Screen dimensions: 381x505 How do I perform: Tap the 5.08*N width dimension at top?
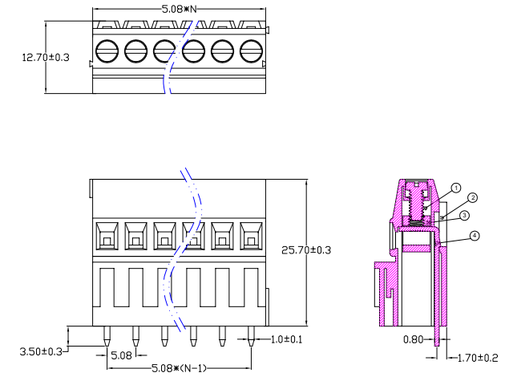click(180, 9)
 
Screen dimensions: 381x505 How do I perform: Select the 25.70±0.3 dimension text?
click(306, 250)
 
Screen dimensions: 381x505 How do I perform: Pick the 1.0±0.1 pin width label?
click(286, 339)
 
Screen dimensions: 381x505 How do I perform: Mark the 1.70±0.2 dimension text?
click(477, 358)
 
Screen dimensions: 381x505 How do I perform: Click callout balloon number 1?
click(456, 188)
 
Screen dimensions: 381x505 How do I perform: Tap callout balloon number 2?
click(473, 197)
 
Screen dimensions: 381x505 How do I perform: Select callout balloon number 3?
click(465, 215)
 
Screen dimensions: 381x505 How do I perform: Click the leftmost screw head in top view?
click(107, 52)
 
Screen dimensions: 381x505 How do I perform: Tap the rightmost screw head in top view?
click(251, 52)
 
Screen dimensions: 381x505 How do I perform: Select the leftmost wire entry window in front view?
click(107, 235)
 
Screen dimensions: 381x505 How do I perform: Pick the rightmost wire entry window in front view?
click(251, 235)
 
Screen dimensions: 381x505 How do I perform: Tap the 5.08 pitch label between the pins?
click(121, 355)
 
